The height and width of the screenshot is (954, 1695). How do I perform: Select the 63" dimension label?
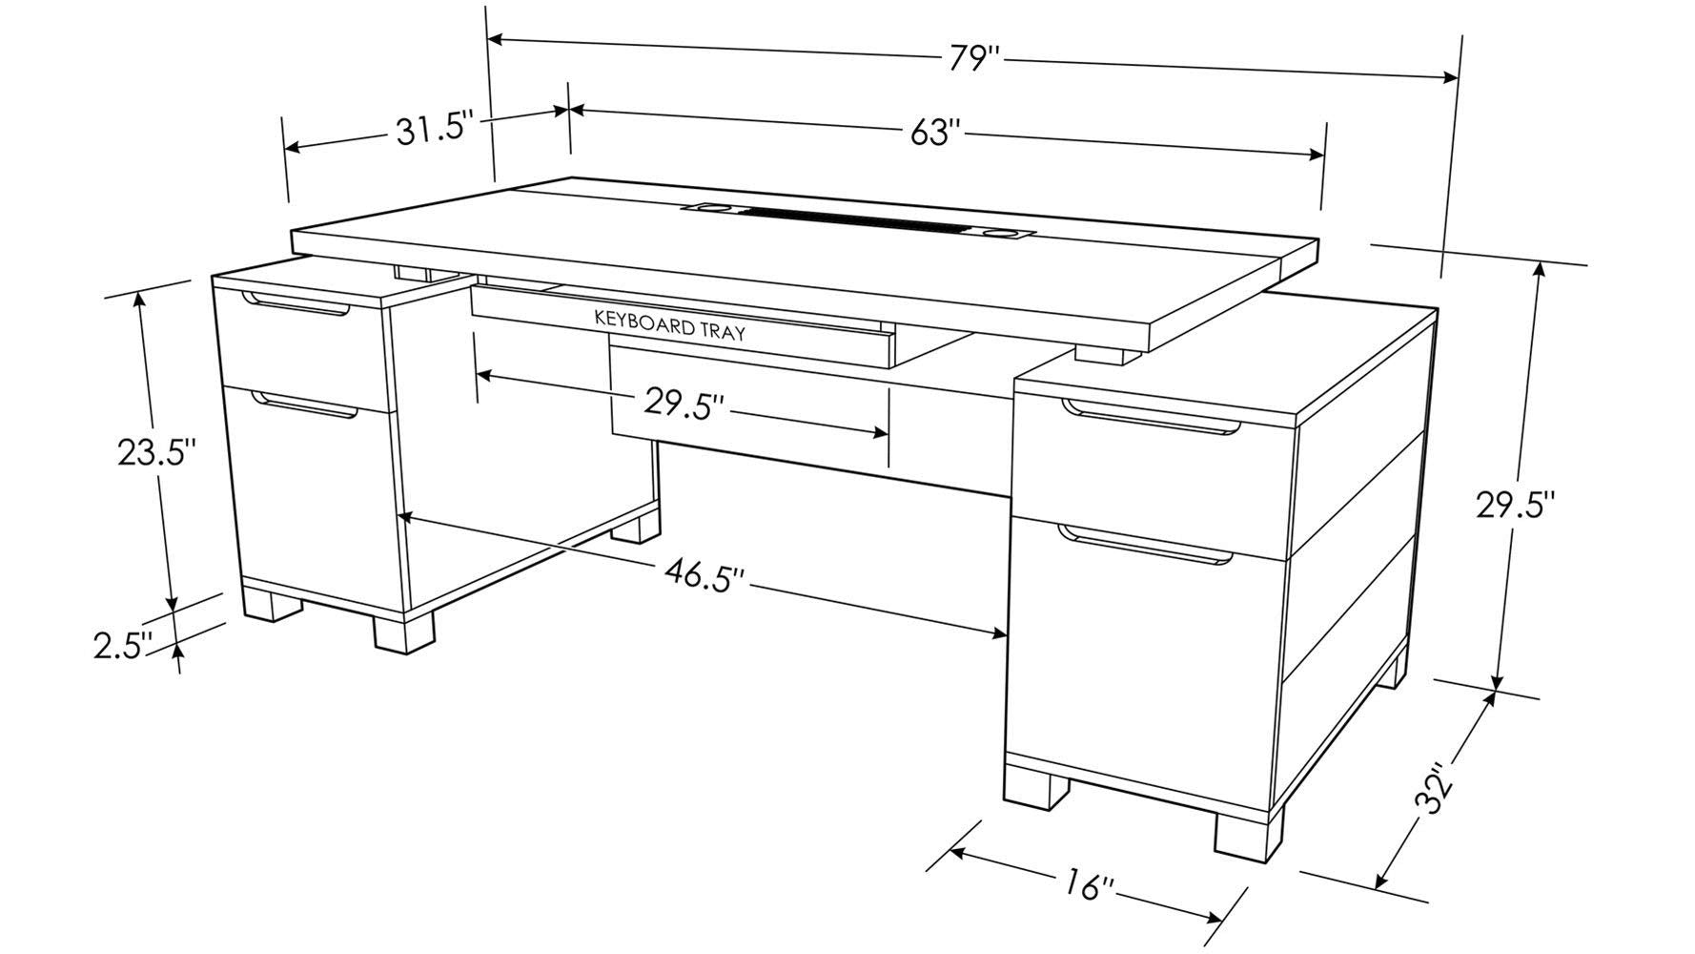coord(932,133)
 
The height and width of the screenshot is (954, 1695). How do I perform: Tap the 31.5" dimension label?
coord(436,129)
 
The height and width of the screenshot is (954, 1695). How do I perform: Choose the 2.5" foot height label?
coord(123,645)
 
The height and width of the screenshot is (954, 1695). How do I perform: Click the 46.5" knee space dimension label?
coord(705,576)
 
